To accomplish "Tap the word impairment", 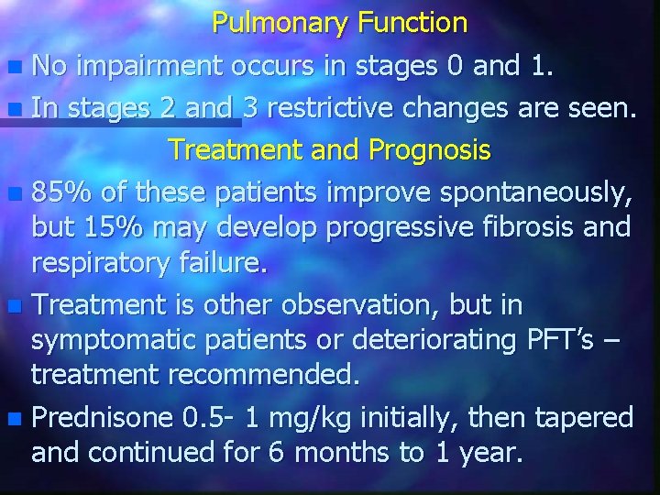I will point(150,66).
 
